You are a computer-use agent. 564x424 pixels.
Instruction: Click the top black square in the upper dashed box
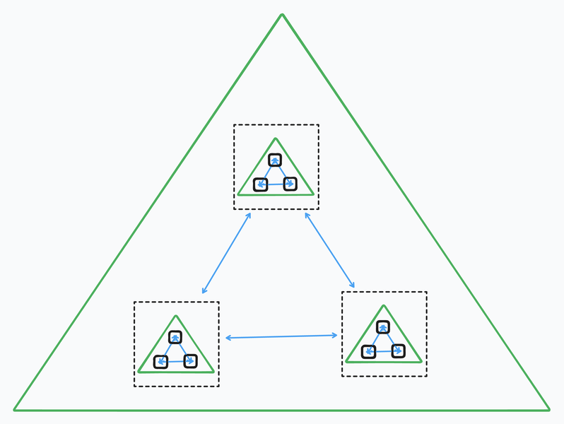point(275,160)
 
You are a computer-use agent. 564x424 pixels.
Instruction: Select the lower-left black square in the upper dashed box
point(260,184)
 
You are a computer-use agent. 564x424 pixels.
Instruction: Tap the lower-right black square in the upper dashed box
point(290,184)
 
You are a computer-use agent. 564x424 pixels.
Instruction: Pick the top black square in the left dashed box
point(175,337)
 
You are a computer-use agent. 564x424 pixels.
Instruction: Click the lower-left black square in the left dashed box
point(160,362)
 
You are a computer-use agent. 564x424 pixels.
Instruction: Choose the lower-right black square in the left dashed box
point(190,361)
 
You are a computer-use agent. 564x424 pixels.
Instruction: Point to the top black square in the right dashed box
point(383,326)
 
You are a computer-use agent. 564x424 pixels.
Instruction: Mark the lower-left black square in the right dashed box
point(368,351)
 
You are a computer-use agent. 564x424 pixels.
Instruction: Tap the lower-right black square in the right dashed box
point(398,351)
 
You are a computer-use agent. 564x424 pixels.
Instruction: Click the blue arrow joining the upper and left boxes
point(226,253)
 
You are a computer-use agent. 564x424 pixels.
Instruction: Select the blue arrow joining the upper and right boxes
point(329,250)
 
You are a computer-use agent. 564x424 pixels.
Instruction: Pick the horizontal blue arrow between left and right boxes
point(281,336)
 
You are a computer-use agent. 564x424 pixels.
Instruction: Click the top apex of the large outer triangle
point(282,14)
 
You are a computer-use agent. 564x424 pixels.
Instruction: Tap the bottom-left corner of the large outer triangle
point(14,410)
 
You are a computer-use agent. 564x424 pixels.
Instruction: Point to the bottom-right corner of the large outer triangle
point(549,410)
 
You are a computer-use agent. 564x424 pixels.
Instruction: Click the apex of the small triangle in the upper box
point(276,139)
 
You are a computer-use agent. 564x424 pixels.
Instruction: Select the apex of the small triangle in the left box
point(176,316)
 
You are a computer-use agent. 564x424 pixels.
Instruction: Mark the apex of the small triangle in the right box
point(384,305)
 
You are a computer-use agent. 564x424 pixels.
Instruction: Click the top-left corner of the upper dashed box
point(234,125)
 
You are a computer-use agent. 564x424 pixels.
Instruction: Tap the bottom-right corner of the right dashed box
point(426,376)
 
